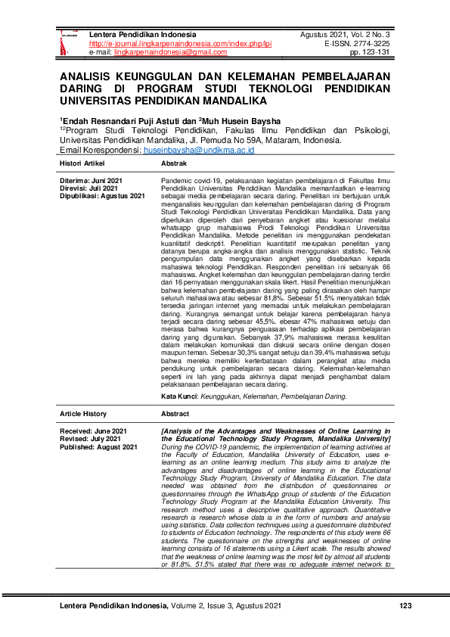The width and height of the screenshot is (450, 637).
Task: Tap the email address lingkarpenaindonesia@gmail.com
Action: [162, 53]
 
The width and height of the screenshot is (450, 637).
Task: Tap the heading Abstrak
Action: [174, 163]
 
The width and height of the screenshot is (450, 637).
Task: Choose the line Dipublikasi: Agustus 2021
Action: [102, 196]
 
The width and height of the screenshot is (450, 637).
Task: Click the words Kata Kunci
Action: [180, 396]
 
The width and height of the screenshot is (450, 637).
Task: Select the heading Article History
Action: [84, 414]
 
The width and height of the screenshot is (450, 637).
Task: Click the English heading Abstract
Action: [176, 414]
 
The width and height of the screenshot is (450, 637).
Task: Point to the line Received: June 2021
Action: [93, 430]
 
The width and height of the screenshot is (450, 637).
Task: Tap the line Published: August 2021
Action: [99, 447]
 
